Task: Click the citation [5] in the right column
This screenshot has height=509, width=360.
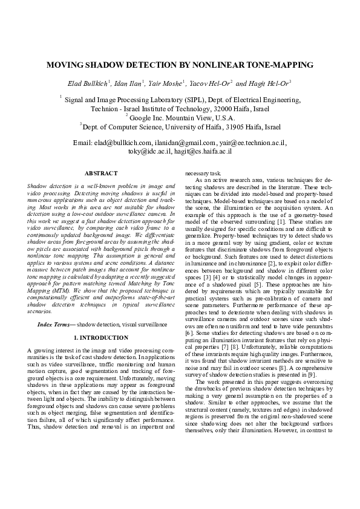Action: [x=258, y=284]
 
